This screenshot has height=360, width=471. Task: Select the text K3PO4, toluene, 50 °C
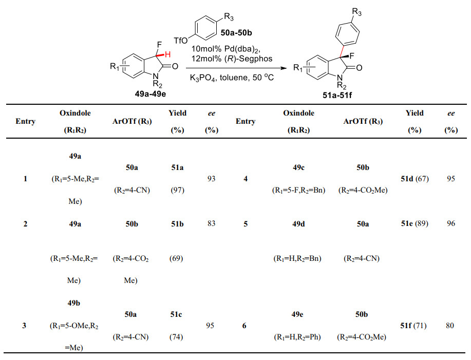click(225, 78)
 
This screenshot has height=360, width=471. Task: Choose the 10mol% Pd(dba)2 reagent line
click(226, 49)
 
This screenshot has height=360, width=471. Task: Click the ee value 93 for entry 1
click(211, 179)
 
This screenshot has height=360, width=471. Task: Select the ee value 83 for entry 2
click(211, 223)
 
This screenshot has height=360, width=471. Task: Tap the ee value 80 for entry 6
click(450, 325)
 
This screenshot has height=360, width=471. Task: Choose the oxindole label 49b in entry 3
click(75, 302)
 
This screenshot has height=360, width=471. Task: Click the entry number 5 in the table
click(244, 223)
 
